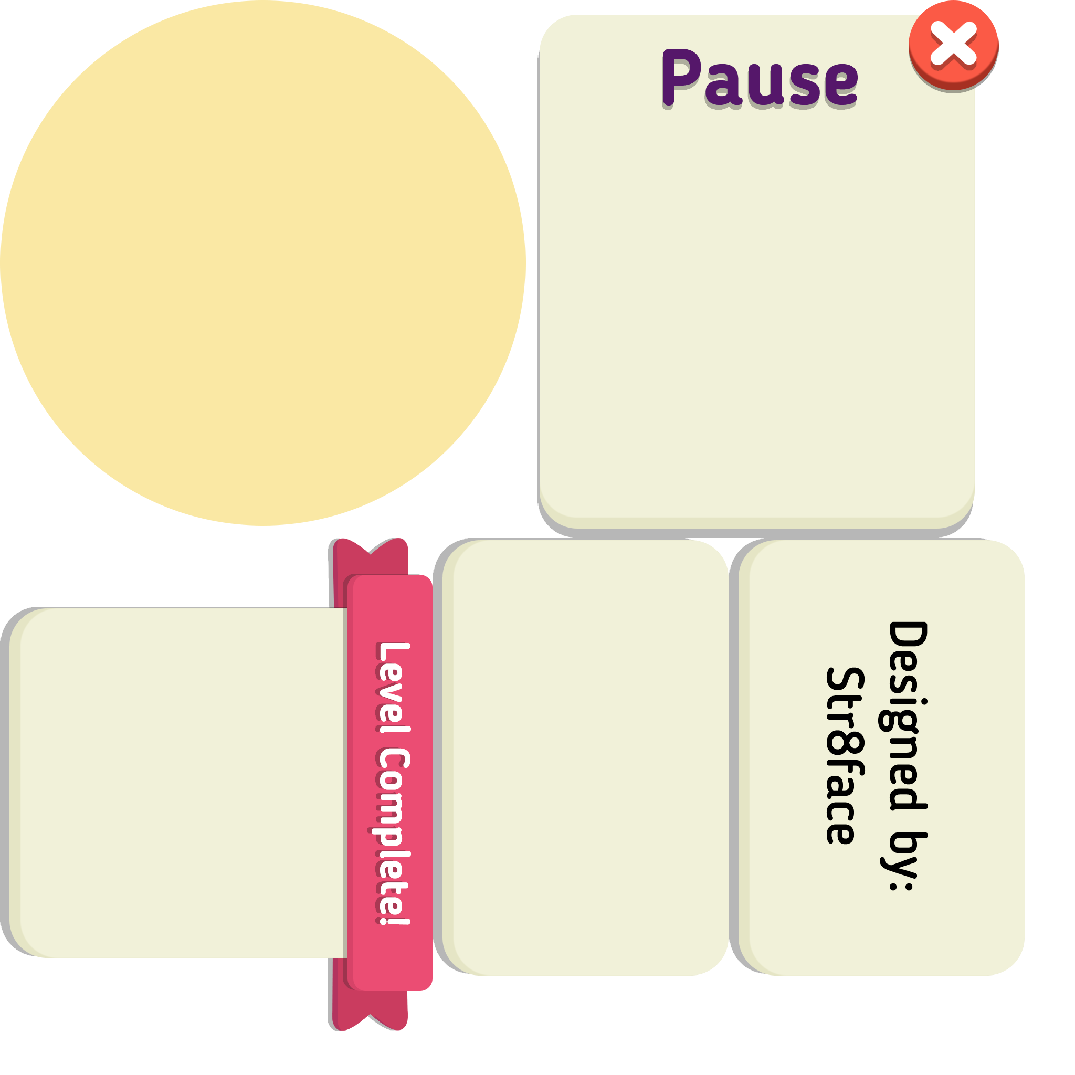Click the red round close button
[953, 45]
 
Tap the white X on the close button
[953, 43]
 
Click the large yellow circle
[262, 262]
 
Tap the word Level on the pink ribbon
[393, 687]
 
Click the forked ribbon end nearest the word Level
[371, 556]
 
